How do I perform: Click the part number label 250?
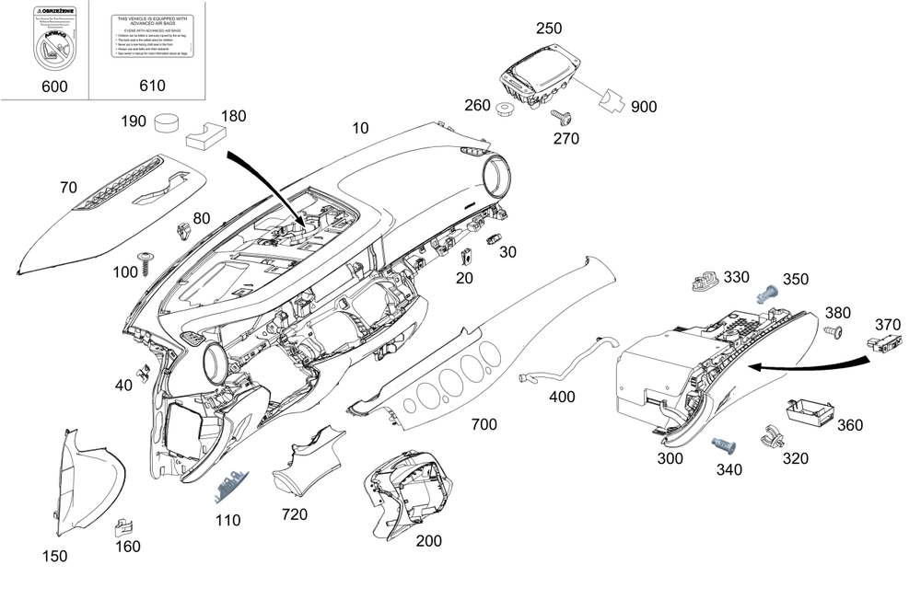pyautogui.click(x=548, y=29)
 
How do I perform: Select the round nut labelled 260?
pyautogui.click(x=504, y=110)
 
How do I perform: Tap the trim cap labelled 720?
pyautogui.click(x=308, y=462)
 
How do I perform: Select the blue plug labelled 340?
pyautogui.click(x=724, y=445)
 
